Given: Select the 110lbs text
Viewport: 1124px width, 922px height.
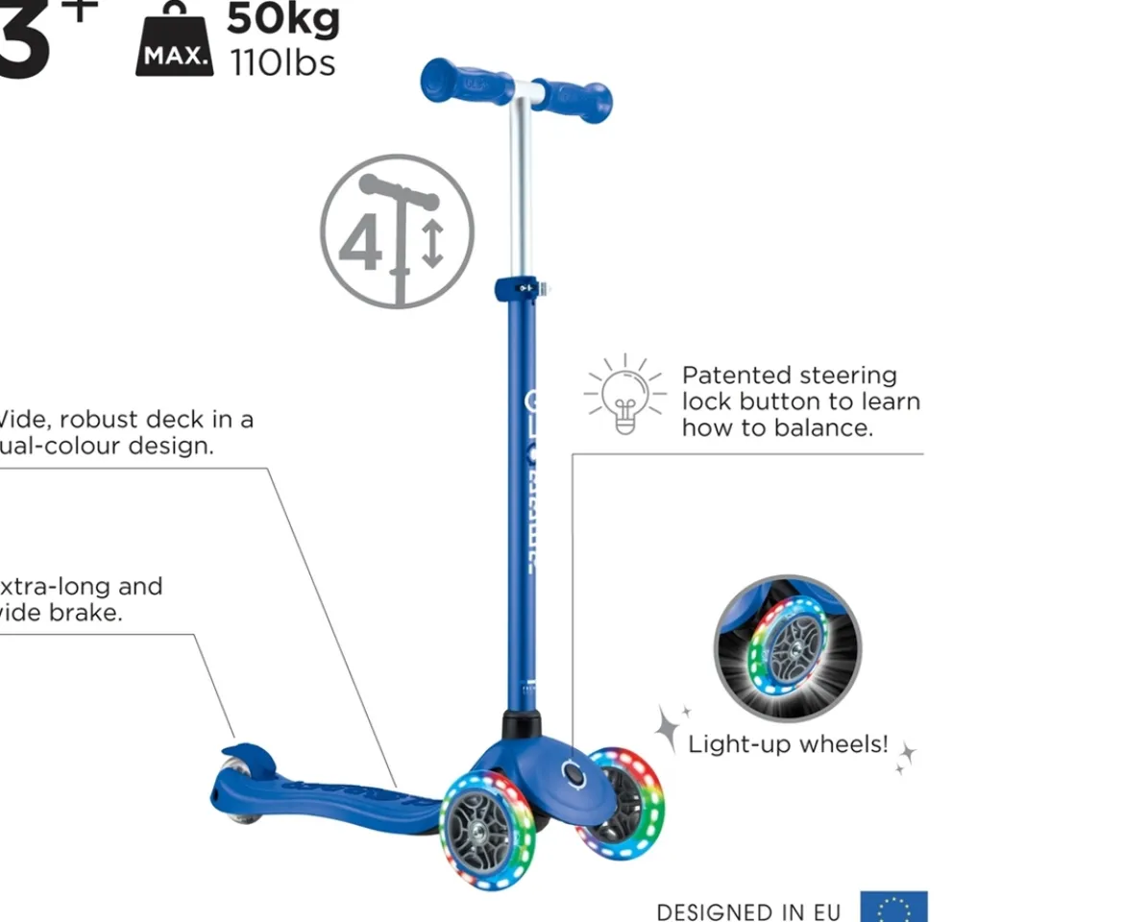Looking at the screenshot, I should click(x=282, y=63).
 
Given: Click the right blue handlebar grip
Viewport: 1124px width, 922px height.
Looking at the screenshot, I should click(x=574, y=97).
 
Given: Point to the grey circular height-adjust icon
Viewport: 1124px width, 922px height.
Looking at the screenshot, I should click(x=397, y=230).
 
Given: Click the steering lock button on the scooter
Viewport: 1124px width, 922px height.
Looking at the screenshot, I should click(x=574, y=774).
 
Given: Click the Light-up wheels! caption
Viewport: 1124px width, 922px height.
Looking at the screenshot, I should click(x=788, y=743).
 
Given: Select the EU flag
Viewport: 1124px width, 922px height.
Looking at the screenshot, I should click(x=893, y=908).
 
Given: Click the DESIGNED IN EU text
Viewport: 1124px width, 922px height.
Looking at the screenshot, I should click(x=748, y=911).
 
